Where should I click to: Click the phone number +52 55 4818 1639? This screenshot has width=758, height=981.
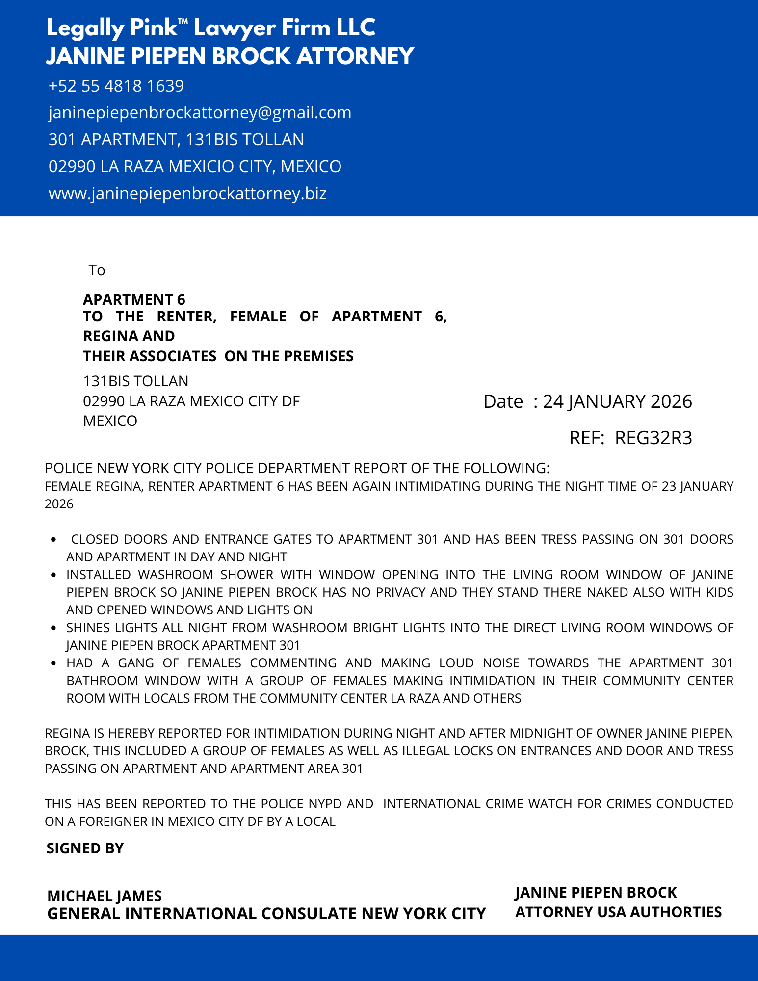pyautogui.click(x=116, y=86)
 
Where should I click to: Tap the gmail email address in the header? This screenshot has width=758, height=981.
pyautogui.click(x=200, y=113)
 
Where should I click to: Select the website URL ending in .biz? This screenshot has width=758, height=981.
pyautogui.click(x=187, y=193)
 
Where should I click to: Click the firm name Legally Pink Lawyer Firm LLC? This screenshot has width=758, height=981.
pyautogui.click(x=211, y=28)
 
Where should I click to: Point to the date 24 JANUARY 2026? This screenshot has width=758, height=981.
pyautogui.click(x=617, y=401)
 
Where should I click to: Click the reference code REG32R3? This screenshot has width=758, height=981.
pyautogui.click(x=653, y=438)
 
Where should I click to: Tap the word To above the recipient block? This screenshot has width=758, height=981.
pyautogui.click(x=97, y=270)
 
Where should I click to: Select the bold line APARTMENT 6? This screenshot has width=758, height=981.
pyautogui.click(x=134, y=299)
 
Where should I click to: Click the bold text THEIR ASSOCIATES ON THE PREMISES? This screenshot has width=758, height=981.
pyautogui.click(x=218, y=356)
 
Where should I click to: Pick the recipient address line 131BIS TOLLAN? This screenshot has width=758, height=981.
pyautogui.click(x=135, y=381)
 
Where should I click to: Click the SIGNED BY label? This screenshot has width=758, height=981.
pyautogui.click(x=85, y=848)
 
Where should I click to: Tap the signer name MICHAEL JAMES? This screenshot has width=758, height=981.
pyautogui.click(x=105, y=896)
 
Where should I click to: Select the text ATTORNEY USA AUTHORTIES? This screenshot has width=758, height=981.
pyautogui.click(x=618, y=912)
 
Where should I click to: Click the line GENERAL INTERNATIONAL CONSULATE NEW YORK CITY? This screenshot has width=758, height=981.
pyautogui.click(x=266, y=914)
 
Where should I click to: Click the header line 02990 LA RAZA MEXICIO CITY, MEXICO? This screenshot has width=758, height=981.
pyautogui.click(x=195, y=167)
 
